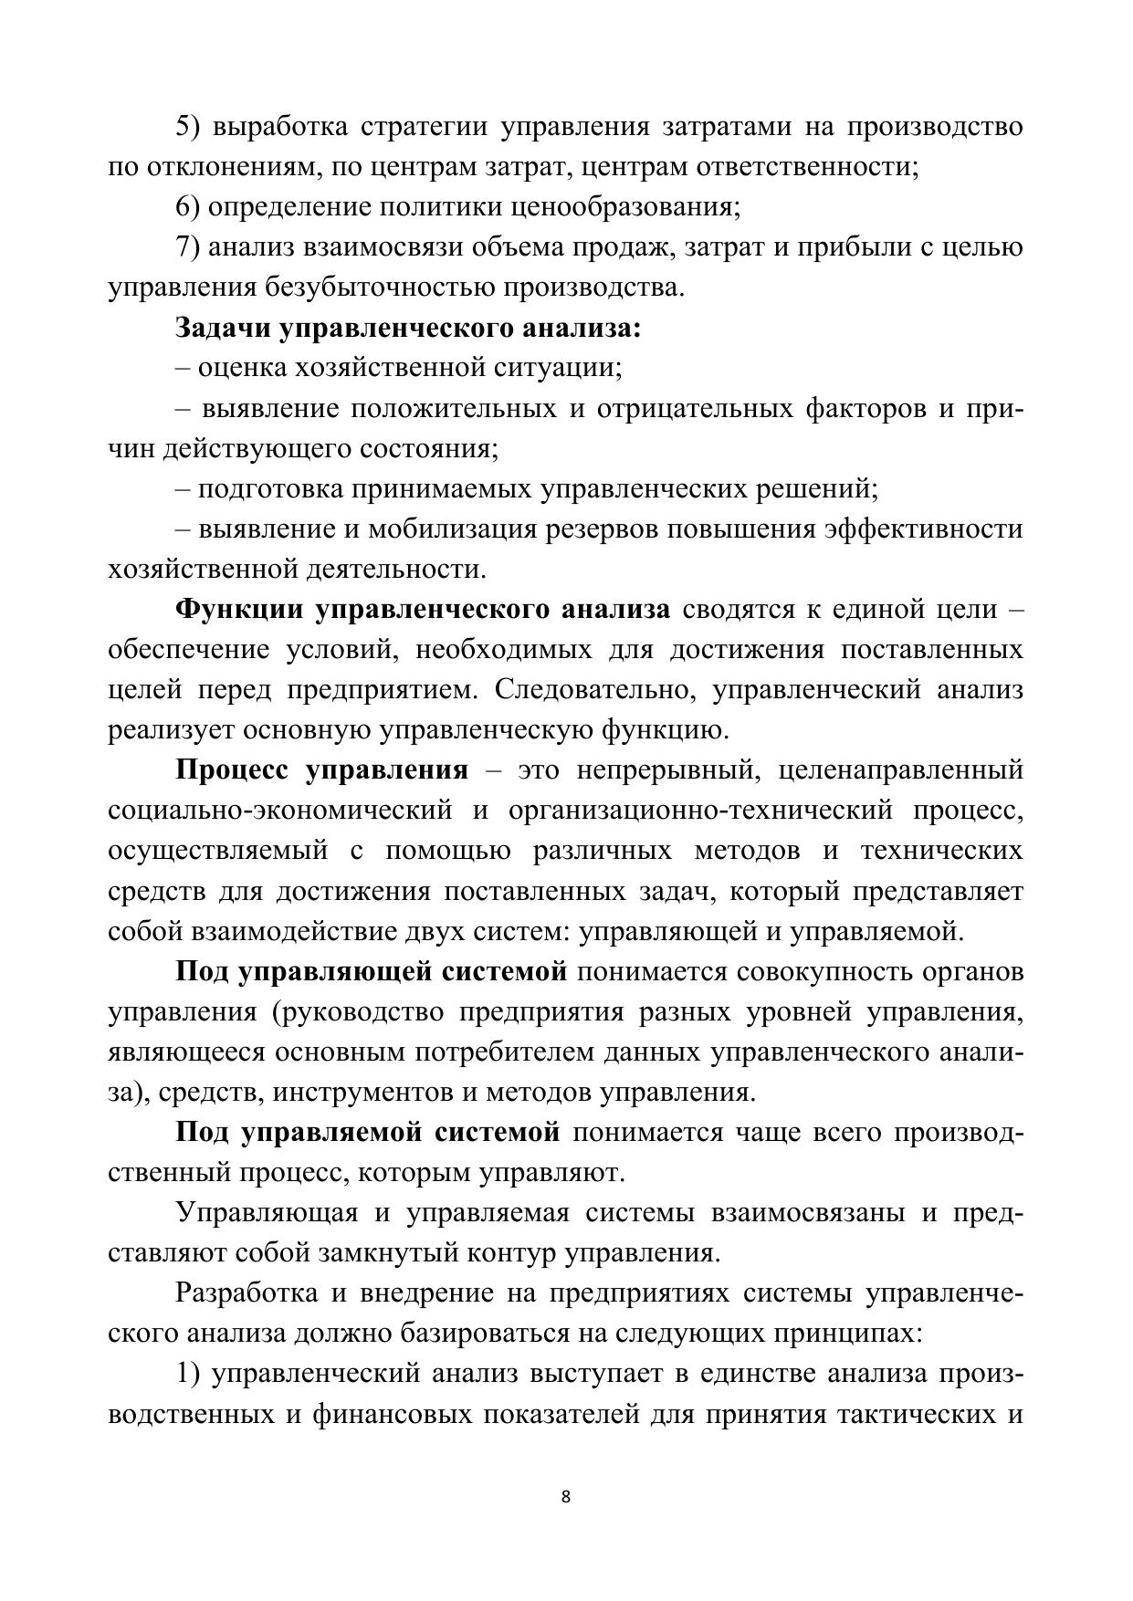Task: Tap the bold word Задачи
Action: click(x=223, y=328)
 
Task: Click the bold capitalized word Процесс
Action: click(x=231, y=769)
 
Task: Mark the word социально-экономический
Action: click(x=280, y=810)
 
